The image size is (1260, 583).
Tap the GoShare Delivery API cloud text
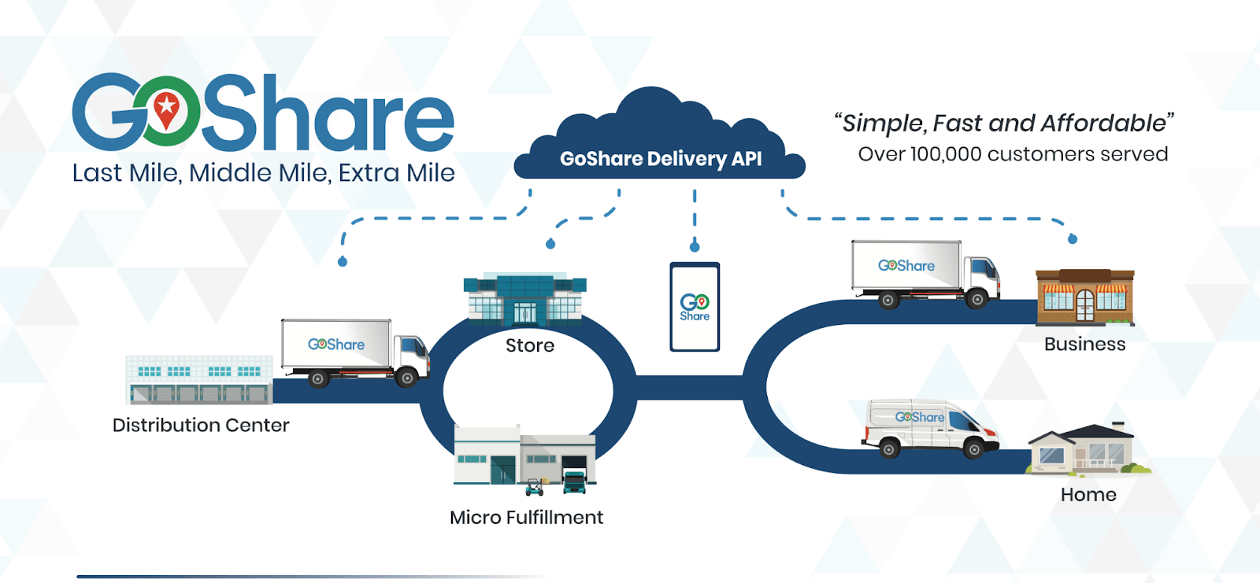661,159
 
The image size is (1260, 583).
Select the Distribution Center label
201,426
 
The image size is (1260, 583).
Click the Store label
530,345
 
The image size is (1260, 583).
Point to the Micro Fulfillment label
526,518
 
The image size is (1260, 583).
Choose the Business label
1084,345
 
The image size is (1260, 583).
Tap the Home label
1088,495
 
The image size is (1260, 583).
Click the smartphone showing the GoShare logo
695,307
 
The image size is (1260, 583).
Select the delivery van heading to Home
929,428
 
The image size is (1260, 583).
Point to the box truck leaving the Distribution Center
354,352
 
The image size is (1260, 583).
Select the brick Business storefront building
1084,297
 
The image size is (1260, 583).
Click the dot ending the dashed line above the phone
695,247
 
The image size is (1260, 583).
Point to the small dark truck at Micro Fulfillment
575,481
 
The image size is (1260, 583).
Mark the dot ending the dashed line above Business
1073,238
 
